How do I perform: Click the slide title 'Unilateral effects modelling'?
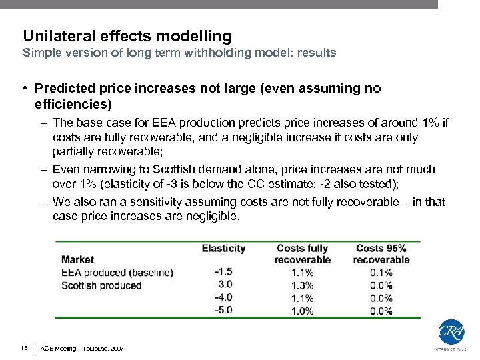tap(127, 36)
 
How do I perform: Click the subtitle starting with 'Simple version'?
tap(179, 53)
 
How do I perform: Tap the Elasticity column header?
tap(223, 248)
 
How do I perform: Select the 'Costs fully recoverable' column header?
tap(302, 254)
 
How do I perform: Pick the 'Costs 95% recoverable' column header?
tap(381, 254)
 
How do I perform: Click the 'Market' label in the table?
tap(77, 259)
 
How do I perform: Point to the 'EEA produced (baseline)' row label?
tap(117, 272)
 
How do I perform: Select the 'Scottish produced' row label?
tap(101, 285)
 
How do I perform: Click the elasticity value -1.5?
tap(223, 272)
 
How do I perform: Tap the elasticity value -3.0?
tap(223, 285)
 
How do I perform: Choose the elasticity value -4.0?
tap(223, 298)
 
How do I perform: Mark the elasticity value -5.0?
tap(223, 311)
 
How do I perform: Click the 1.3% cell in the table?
tap(302, 285)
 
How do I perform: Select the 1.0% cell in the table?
tap(302, 311)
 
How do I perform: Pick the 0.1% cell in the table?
tap(381, 272)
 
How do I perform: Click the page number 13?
tap(24, 348)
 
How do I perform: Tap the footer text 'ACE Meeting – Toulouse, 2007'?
tap(82, 349)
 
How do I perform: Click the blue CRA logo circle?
tap(451, 331)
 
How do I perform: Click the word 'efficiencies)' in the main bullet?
tap(73, 105)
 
